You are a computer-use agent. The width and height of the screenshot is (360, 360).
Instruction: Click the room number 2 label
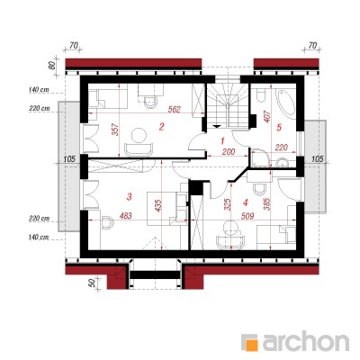tap(161, 127)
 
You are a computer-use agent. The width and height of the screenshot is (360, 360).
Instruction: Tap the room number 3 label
tap(130, 197)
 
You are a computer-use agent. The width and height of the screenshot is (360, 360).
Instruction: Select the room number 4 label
tap(246, 203)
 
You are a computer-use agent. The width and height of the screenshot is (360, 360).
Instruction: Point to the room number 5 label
tap(279, 128)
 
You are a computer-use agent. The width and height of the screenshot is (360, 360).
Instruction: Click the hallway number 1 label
tap(222, 140)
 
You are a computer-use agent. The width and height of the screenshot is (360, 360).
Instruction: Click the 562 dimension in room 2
tap(174, 110)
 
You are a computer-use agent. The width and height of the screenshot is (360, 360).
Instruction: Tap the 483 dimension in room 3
tap(125, 216)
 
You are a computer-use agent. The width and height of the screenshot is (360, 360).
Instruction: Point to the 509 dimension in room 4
tap(247, 216)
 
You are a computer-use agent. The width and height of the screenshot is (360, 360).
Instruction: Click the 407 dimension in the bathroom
tap(268, 117)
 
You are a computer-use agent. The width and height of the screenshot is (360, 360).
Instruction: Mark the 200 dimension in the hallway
tap(229, 152)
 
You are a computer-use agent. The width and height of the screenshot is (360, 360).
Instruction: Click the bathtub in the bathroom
tap(287, 103)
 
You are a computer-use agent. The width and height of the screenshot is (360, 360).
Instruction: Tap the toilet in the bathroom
tap(260, 94)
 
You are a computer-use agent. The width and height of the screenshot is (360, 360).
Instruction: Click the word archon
tap(306, 340)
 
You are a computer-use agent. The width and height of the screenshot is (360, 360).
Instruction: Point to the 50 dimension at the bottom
tap(93, 283)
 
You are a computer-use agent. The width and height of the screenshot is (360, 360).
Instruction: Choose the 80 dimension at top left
tap(51, 66)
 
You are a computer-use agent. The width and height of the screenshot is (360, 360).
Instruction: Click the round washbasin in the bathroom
tap(283, 163)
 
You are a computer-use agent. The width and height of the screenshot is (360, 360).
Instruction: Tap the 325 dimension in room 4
tap(228, 204)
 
